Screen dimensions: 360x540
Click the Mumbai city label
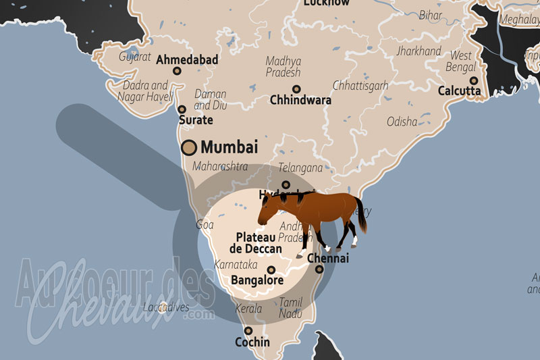point(229,147)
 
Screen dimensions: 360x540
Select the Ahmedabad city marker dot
point(177,70)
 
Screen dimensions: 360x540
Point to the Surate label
point(195,120)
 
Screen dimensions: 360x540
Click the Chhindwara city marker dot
point(296,89)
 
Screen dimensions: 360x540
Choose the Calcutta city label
point(459,91)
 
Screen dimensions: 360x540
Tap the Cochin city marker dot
point(248,331)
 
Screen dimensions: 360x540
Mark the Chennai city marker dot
point(319,269)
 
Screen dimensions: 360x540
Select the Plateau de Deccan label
point(259,242)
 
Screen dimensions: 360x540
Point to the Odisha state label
point(402,122)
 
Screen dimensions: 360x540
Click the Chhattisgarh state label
point(360,86)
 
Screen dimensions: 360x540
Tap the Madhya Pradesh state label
point(283,66)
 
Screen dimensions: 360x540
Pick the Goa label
point(204,224)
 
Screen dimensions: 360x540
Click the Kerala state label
point(248,309)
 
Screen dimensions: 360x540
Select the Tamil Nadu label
point(291,308)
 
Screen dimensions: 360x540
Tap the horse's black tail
point(362,215)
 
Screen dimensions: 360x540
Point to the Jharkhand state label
point(418,51)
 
